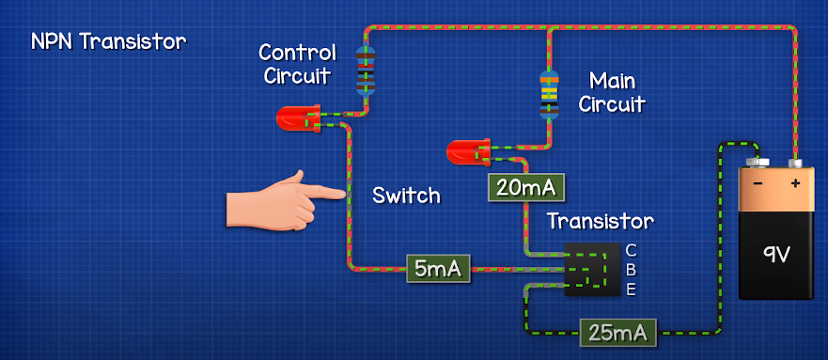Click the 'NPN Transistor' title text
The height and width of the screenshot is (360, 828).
coord(109,42)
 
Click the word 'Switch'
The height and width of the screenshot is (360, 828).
coord(406,196)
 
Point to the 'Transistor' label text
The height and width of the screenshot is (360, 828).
coord(600,222)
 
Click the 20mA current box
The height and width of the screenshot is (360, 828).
coord(524,188)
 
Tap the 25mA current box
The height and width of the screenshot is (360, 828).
coord(617,331)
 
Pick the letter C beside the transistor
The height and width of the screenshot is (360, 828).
coord(631,250)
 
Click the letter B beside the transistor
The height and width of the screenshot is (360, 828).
coord(631,270)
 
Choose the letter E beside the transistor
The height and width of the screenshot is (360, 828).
coord(631,290)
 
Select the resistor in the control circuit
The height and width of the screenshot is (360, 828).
coord(365,70)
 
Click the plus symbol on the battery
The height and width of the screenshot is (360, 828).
coord(795,181)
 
